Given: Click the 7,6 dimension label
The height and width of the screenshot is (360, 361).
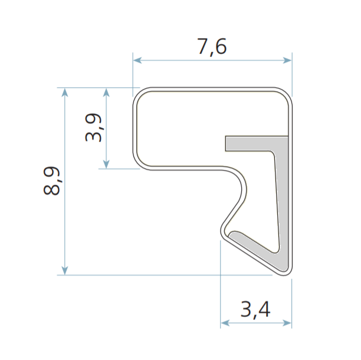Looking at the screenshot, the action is (x=212, y=47).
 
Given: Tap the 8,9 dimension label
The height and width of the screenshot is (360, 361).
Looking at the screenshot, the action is (x=51, y=181).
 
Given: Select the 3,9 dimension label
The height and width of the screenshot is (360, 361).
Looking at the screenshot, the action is (x=93, y=127).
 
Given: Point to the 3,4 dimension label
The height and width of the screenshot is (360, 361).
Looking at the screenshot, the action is (x=255, y=310).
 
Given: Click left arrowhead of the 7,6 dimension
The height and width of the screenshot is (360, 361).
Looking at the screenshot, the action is (x=137, y=60).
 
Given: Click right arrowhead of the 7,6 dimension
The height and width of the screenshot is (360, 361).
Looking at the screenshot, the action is (x=287, y=60).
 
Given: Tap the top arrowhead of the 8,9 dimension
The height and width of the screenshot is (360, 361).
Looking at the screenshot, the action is (x=65, y=92).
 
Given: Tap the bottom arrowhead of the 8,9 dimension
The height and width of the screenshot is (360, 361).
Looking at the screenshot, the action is (x=65, y=270).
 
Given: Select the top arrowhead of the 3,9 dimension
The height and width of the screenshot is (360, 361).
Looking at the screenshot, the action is (x=106, y=92).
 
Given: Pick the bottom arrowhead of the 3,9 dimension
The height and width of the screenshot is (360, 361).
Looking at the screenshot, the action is (x=106, y=164).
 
